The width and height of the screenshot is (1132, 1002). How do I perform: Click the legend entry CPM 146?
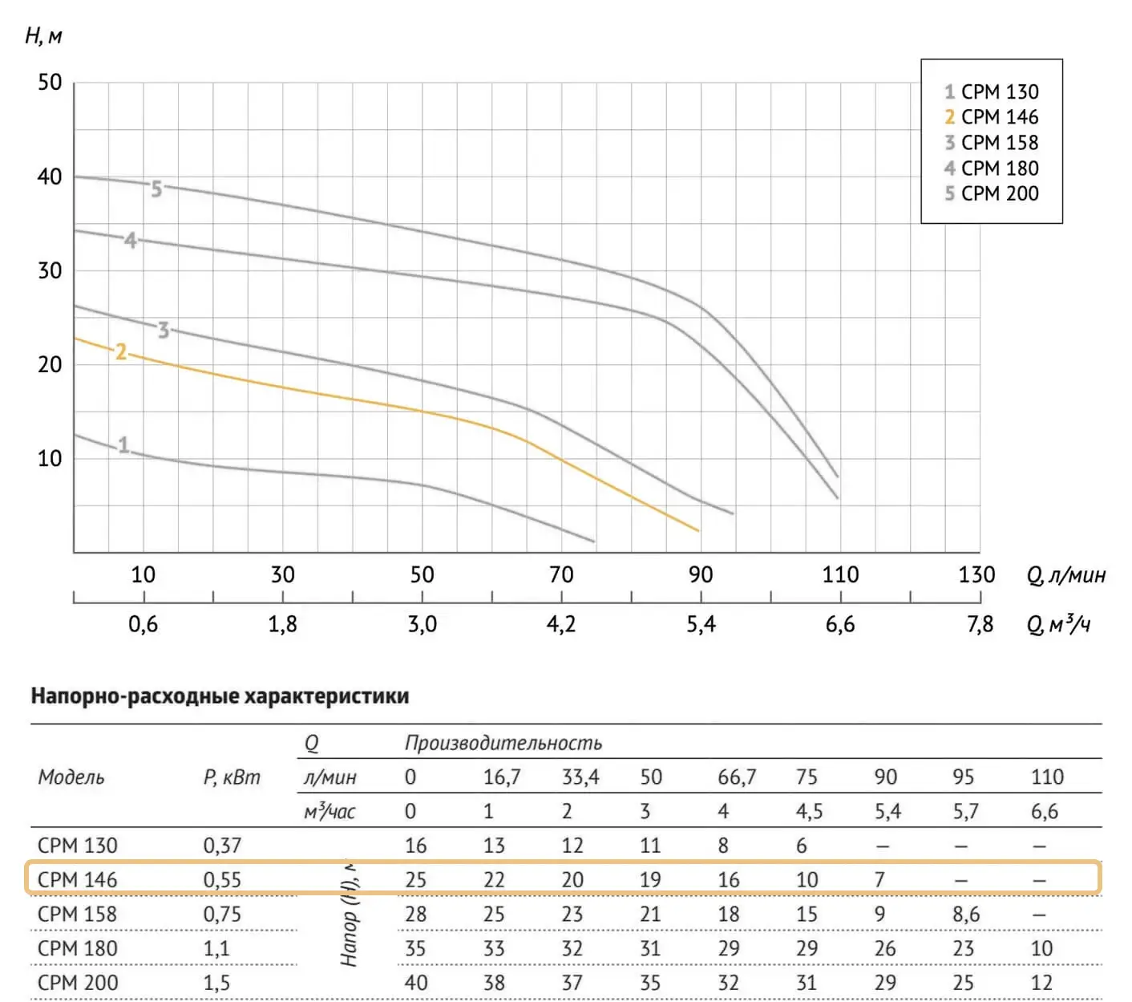pyautogui.click(x=991, y=117)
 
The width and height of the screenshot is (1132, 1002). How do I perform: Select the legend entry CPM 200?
pyautogui.click(x=991, y=193)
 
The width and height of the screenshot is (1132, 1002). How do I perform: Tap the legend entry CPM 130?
pyautogui.click(x=991, y=92)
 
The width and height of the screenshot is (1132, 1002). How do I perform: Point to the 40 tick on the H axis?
pyautogui.click(x=50, y=176)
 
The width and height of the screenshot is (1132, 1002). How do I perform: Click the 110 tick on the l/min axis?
pyautogui.click(x=839, y=574)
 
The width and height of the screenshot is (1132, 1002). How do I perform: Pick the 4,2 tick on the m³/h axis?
pyautogui.click(x=561, y=624)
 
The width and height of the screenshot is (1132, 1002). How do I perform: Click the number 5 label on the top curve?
pyautogui.click(x=156, y=189)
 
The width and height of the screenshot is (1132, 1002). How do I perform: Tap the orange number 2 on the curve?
pyautogui.click(x=121, y=352)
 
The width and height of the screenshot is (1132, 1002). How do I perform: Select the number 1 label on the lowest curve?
pyautogui.click(x=123, y=445)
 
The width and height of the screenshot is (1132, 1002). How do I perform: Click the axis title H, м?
pyautogui.click(x=43, y=36)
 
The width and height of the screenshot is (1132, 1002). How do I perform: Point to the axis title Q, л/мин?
pyautogui.click(x=1065, y=575)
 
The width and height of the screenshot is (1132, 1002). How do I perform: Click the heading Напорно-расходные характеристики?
pyautogui.click(x=220, y=696)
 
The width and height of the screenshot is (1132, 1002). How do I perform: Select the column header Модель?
pyautogui.click(x=71, y=777)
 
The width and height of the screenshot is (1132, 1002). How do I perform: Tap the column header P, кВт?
pyautogui.click(x=232, y=777)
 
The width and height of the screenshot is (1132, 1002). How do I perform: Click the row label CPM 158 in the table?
pyautogui.click(x=77, y=914)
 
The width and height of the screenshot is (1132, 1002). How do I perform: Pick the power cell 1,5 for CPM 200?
pyautogui.click(x=216, y=983)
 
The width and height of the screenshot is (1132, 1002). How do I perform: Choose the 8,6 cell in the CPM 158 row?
pyautogui.click(x=966, y=914)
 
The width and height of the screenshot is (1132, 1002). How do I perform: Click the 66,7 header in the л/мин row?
pyautogui.click(x=736, y=777)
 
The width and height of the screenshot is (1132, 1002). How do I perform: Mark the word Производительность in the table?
pyautogui.click(x=503, y=743)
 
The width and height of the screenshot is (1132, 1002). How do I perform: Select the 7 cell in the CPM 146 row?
pyautogui.click(x=879, y=879)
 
